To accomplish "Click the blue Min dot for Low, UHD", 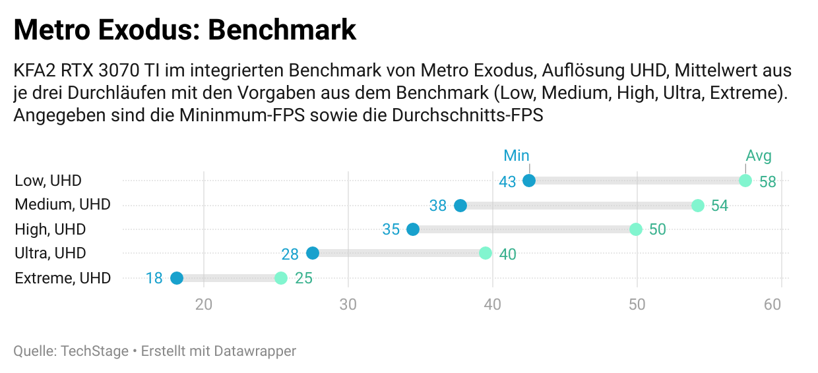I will click(x=528, y=181).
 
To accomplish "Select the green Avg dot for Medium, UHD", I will click(x=698, y=206).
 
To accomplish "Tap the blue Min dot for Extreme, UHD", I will click(x=177, y=277).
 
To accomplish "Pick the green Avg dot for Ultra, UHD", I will click(x=486, y=253).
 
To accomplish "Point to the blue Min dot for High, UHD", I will click(x=413, y=229).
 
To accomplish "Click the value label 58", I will click(x=768, y=182).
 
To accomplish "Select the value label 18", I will click(x=154, y=278).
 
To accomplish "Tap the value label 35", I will click(x=391, y=230).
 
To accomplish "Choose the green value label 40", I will click(x=507, y=254).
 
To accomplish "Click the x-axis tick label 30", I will click(x=348, y=304).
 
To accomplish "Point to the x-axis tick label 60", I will click(x=772, y=304).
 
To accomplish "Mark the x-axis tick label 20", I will click(x=204, y=304).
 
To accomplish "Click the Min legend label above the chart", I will click(x=517, y=156).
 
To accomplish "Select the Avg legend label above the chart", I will click(x=759, y=156).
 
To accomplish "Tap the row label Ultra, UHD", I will click(x=50, y=253).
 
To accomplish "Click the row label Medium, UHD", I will click(x=63, y=205).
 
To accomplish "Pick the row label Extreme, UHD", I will click(x=63, y=277).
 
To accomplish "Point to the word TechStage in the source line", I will click(x=94, y=351).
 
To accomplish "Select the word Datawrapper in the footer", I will click(x=255, y=351).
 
